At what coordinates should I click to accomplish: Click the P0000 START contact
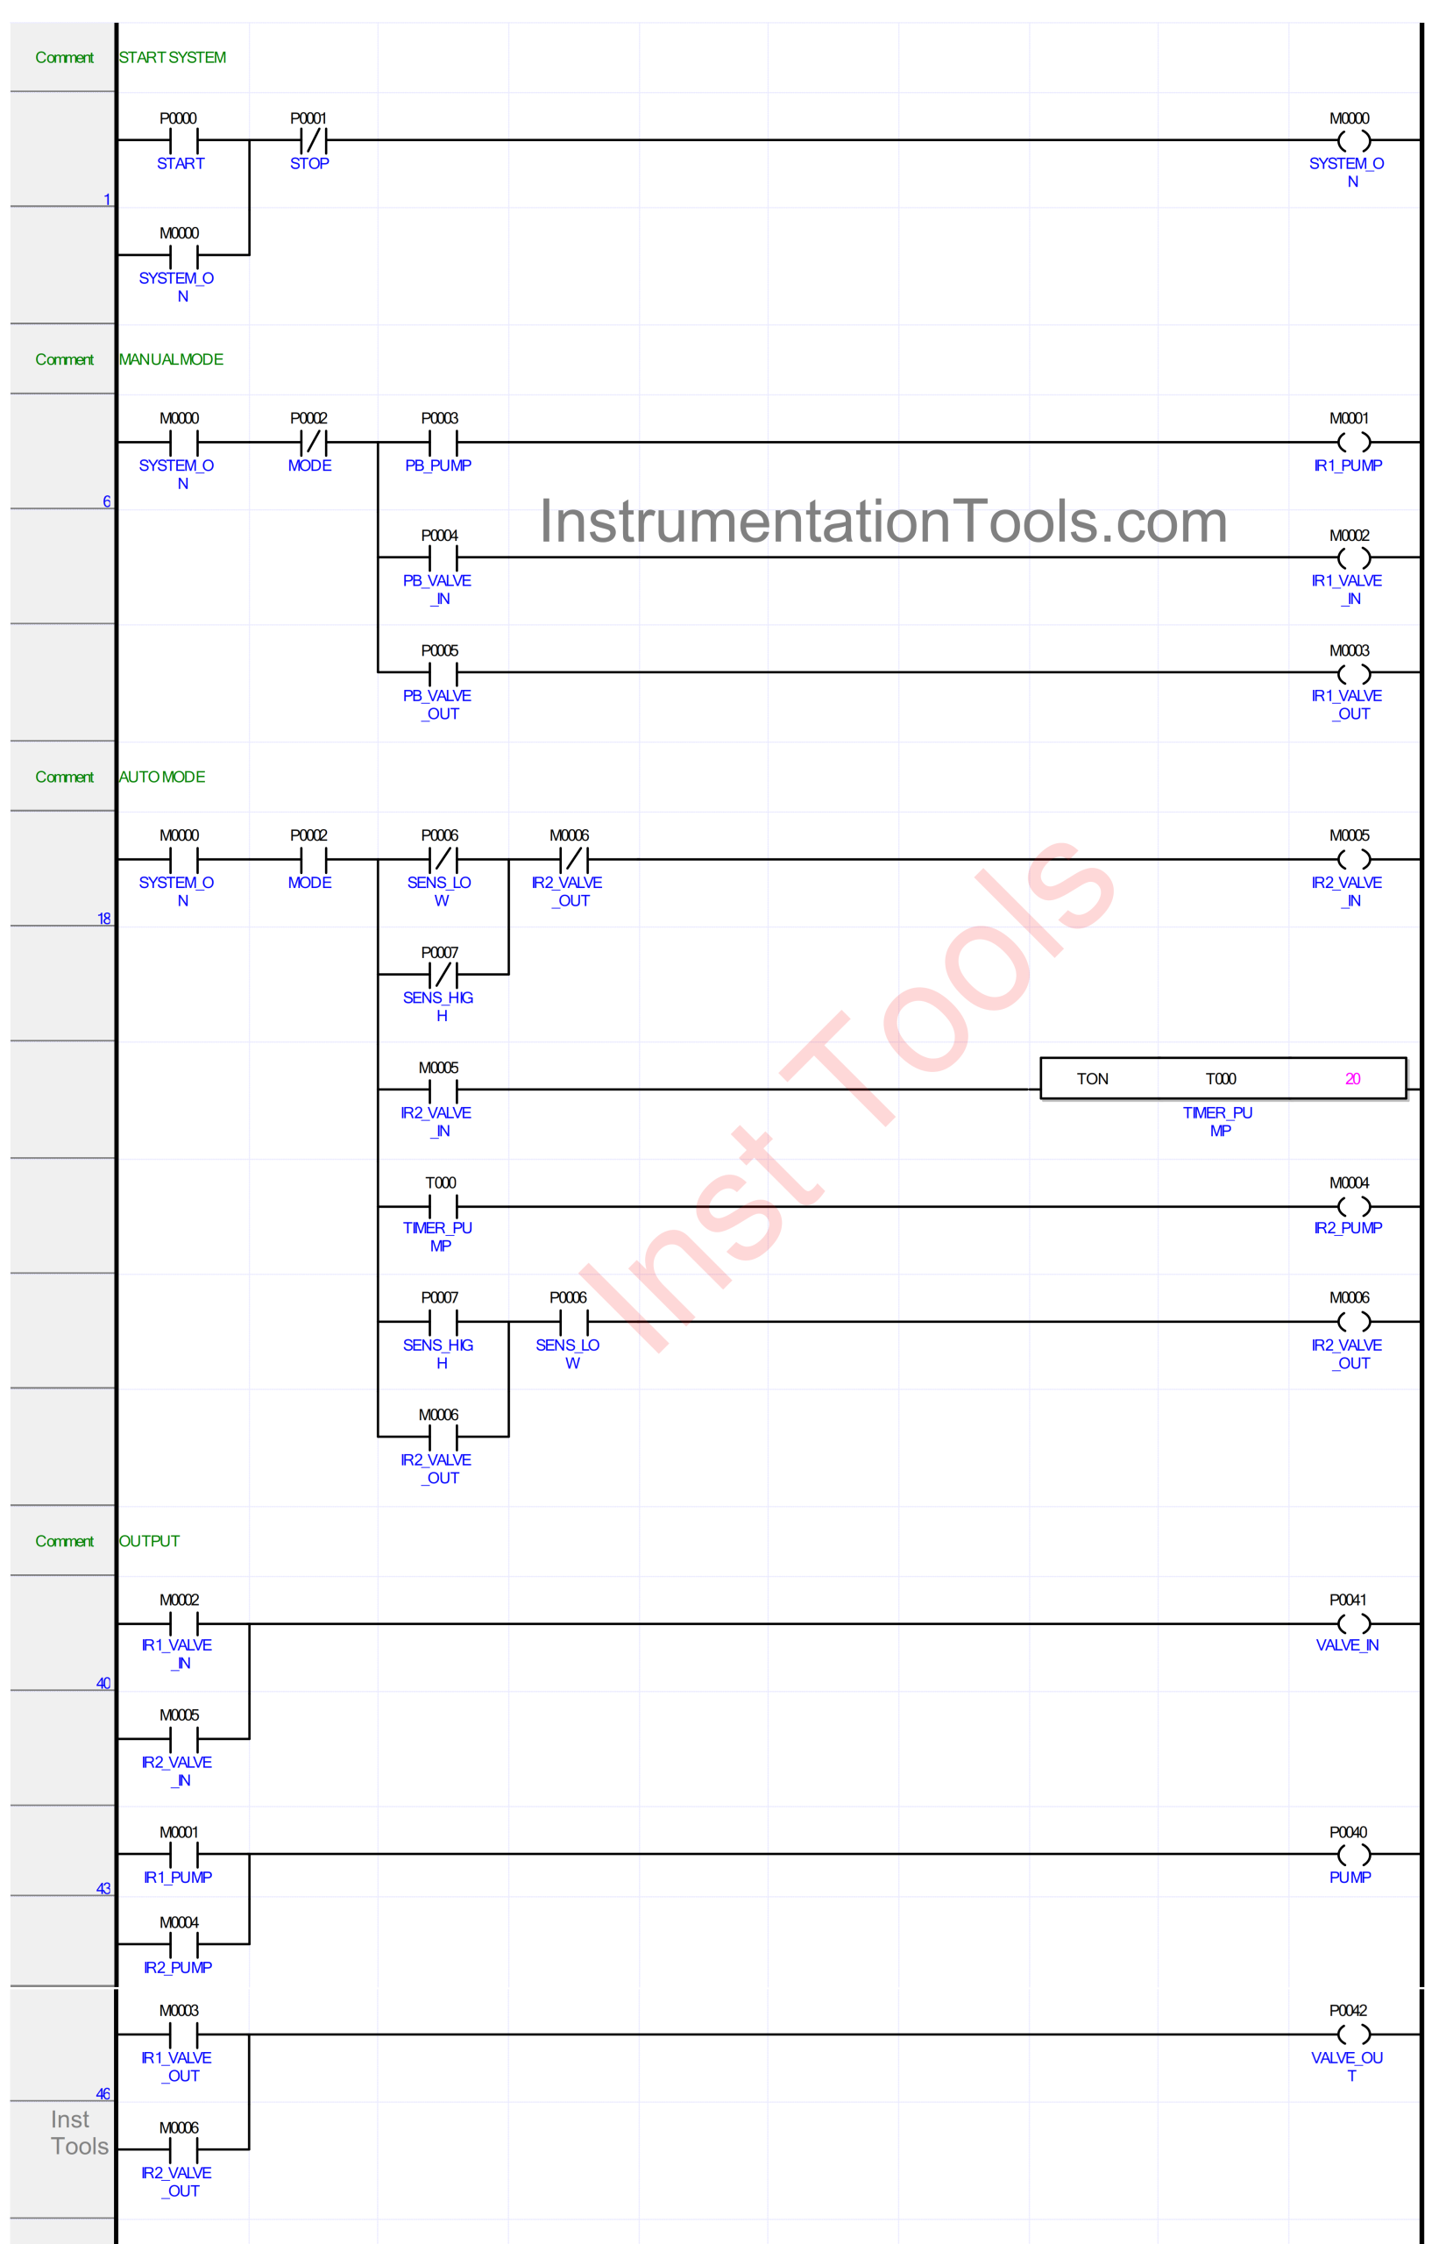click(x=184, y=141)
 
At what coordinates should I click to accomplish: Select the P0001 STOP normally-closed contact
click(x=313, y=141)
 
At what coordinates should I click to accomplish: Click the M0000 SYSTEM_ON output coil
click(x=1353, y=141)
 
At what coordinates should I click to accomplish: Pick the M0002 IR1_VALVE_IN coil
click(x=1353, y=557)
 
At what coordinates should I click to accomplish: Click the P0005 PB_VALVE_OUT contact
click(x=443, y=673)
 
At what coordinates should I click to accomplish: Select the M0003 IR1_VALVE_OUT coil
click(x=1353, y=673)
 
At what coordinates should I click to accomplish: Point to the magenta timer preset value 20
click(x=1352, y=1079)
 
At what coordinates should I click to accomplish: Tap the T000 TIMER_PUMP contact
click(x=443, y=1205)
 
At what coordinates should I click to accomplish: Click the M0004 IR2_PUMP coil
click(x=1353, y=1205)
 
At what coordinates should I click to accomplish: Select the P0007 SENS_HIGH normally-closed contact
click(x=443, y=974)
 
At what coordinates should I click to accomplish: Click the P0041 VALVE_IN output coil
click(x=1353, y=1623)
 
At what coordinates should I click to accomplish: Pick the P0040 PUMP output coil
click(x=1353, y=1853)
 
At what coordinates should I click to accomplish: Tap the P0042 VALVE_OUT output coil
click(x=1353, y=2034)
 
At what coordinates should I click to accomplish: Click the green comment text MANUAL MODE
click(x=171, y=359)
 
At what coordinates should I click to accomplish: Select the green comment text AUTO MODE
click(x=161, y=777)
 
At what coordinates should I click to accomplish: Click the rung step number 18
click(x=103, y=919)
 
